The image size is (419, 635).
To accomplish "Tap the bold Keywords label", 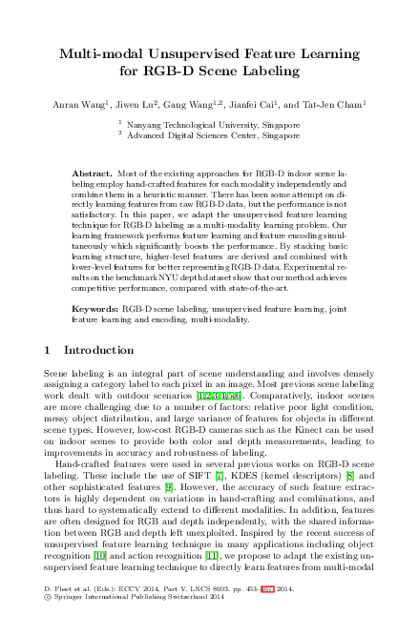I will (94, 310).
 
